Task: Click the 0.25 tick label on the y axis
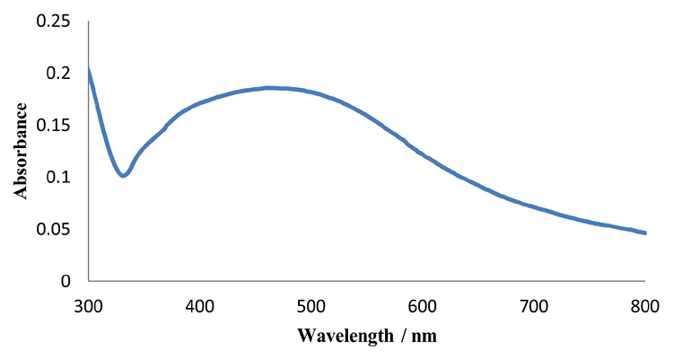tap(52, 21)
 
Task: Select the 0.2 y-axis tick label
tap(59, 73)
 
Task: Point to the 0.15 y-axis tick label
tap(52, 125)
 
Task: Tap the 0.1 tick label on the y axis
tap(59, 177)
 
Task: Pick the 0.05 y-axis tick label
tap(52, 229)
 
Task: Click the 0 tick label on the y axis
tap(66, 281)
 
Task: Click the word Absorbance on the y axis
tap(20, 150)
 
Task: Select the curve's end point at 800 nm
tap(644, 233)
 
